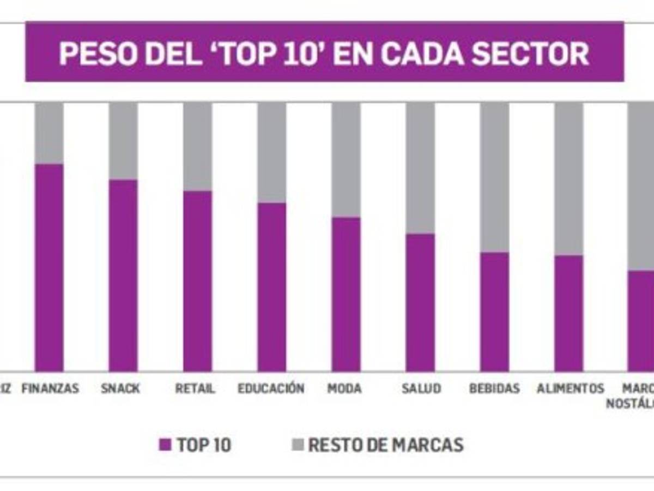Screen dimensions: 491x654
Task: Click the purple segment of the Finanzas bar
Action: pos(49,267)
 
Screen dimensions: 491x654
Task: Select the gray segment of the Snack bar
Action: pos(123,141)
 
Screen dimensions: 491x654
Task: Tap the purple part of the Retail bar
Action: pos(197,281)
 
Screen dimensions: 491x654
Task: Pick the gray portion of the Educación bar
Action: pos(272,153)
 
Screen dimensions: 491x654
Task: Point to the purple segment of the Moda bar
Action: pos(346,294)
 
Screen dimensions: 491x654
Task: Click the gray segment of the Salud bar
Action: pos(420,168)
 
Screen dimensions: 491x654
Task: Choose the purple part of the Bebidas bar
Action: pos(494,312)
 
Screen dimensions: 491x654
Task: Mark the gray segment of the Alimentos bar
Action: pos(568,178)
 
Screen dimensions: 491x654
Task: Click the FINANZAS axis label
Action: pos(50,389)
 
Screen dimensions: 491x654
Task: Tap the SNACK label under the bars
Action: pos(120,389)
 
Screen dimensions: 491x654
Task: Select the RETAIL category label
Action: pos(195,389)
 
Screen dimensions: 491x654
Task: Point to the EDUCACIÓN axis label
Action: pos(271,389)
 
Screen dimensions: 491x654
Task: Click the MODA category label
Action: pos(344,389)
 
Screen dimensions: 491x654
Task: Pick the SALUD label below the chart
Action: pos(421,389)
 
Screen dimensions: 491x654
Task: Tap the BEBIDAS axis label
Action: pos(494,389)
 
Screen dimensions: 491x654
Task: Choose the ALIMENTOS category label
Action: pos(571,389)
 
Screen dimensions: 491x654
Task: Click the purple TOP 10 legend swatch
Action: pos(165,445)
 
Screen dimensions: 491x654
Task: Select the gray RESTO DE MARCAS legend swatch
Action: pos(297,445)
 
